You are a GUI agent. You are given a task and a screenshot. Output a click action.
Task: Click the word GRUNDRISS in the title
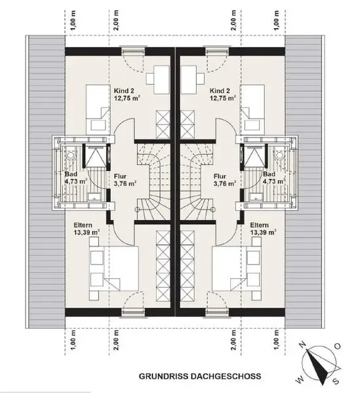click(x=164, y=376)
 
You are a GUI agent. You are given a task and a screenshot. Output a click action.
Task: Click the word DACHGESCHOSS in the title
click(x=226, y=376)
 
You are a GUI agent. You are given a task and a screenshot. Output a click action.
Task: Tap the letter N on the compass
click(x=303, y=345)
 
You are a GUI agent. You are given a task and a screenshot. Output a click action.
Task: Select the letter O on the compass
click(x=338, y=346)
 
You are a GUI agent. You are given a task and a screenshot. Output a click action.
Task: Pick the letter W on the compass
click(x=300, y=381)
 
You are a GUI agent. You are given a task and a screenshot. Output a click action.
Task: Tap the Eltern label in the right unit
click(x=259, y=225)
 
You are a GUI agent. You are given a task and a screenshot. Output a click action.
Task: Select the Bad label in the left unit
click(x=71, y=174)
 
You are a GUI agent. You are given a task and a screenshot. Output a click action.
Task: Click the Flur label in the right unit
click(x=220, y=176)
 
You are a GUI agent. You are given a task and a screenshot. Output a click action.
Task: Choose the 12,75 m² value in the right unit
click(x=223, y=98)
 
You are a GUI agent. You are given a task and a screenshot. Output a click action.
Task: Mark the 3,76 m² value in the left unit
click(x=125, y=183)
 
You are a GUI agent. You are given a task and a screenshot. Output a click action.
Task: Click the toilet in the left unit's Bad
click(x=71, y=155)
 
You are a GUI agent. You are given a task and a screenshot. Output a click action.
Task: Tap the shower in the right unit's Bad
click(x=254, y=156)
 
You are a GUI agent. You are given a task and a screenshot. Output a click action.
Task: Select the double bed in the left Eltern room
click(x=114, y=269)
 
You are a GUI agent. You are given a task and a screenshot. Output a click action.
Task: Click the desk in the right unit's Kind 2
click(x=189, y=79)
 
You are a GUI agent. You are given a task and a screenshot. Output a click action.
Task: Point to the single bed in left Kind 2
click(x=98, y=109)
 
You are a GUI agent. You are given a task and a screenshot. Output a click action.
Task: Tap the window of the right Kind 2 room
click(x=217, y=52)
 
